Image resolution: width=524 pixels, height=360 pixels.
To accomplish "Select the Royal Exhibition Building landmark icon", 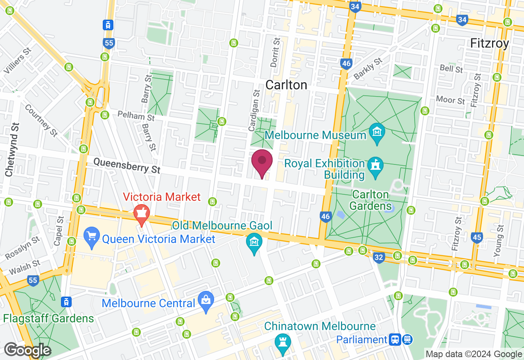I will pos(375,166).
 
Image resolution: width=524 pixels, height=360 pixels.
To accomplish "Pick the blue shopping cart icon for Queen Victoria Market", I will pos(91,236).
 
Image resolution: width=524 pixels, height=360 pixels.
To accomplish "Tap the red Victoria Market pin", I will pos(142,214).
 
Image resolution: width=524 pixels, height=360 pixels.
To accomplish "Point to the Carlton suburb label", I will pos(286,85).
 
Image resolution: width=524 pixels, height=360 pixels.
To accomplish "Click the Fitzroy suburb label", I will pos(490,43).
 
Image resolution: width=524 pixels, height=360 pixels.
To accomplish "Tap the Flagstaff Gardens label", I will pos(48,318).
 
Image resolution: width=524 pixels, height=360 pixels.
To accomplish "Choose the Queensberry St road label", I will pos(127,166).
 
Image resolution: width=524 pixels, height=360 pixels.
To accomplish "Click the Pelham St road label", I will pos(136,116).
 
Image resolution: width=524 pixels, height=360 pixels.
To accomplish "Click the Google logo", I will pos(27,350).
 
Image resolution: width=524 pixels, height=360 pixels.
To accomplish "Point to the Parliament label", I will pos(361,340).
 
